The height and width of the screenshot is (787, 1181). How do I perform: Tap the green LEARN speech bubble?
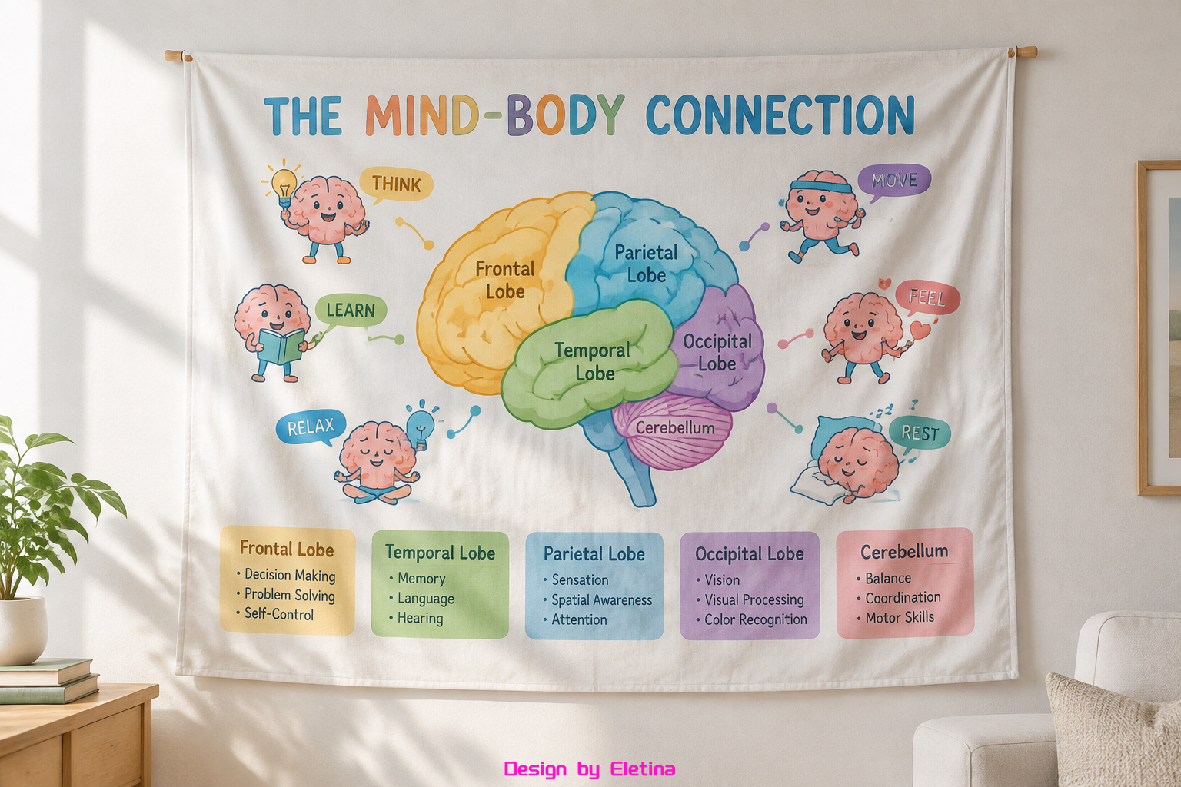coord(351,310)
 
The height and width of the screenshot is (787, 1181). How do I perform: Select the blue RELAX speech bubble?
coord(311,427)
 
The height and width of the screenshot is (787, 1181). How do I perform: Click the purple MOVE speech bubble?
coord(894,181)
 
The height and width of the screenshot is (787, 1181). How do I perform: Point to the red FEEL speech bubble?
coord(927,298)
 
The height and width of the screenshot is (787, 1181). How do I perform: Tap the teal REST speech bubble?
coord(920,433)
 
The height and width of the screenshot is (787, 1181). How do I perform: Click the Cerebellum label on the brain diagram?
coord(675,427)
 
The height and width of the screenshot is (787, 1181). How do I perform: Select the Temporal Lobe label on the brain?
coord(594,362)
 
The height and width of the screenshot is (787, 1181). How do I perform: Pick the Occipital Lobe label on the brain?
coord(717,353)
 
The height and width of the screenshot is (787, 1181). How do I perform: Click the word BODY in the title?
coord(565,115)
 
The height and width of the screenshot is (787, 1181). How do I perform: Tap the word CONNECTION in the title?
coord(780,115)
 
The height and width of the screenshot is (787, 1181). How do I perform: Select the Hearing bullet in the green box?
coord(416,618)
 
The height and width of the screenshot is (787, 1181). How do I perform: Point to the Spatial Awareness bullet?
coord(598,600)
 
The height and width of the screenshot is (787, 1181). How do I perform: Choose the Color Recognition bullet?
coord(751,619)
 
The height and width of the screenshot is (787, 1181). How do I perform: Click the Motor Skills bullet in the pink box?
coord(895,616)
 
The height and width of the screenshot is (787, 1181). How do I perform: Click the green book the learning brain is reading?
coord(281,346)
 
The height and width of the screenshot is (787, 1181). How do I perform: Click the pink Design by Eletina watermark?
coord(590,769)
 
